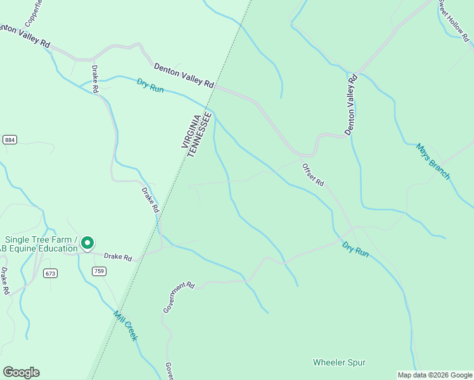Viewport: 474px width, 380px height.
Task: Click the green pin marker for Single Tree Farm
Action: coord(89,243)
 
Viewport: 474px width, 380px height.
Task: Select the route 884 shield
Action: coord(10,139)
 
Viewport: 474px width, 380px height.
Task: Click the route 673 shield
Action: coord(51,273)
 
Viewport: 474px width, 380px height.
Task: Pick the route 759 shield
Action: coord(98,271)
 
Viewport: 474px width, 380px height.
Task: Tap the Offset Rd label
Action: coord(313,174)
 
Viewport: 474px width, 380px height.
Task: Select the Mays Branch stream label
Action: coord(433,161)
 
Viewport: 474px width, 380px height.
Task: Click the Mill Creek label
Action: coord(125,326)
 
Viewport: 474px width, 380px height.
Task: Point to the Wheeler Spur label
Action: coord(339,362)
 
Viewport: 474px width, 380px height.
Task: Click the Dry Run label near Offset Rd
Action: coord(355,249)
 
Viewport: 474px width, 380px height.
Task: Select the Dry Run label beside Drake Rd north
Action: coord(150,85)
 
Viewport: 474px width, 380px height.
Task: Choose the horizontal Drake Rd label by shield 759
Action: coord(118,257)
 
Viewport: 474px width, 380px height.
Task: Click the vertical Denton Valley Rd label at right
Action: coord(351,105)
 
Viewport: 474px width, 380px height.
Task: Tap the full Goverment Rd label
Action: coord(178,297)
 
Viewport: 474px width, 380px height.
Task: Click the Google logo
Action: coord(21,372)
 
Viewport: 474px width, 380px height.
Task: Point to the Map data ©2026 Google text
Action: coord(435,375)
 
